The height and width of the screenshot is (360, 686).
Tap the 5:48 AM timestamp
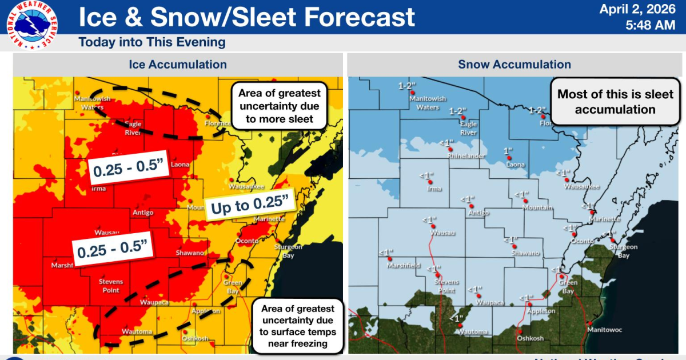(x=651, y=25)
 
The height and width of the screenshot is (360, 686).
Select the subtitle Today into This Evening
(x=152, y=42)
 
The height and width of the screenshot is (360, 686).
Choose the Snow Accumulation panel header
(x=514, y=65)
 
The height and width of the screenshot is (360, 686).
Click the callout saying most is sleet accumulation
(x=615, y=102)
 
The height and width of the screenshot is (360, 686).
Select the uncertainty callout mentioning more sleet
(x=280, y=106)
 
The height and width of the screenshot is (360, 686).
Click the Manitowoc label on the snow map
(x=608, y=330)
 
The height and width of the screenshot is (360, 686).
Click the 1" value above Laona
(x=507, y=150)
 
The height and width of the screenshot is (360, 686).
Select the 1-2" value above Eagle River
(x=458, y=110)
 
